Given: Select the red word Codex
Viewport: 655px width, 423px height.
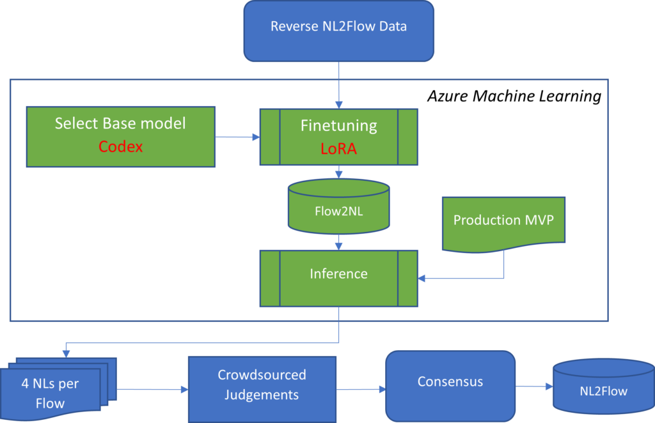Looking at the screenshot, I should (x=120, y=147).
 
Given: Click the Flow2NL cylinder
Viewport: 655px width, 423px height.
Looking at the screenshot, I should (x=338, y=208).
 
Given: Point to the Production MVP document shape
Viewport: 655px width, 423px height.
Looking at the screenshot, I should (x=503, y=220).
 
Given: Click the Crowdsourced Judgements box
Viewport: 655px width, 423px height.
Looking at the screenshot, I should (x=262, y=385).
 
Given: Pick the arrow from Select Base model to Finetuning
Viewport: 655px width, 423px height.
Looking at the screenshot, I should (x=237, y=137).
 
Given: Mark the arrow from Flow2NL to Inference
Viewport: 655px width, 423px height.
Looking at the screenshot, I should (x=338, y=242).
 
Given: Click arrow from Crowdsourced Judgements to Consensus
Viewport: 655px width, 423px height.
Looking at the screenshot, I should (x=360, y=388).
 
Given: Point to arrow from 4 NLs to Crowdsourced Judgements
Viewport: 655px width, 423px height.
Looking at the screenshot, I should (x=152, y=388).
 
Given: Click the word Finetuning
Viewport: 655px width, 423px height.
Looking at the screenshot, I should (x=338, y=125).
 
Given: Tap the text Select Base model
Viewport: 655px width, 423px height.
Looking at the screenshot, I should (x=120, y=123).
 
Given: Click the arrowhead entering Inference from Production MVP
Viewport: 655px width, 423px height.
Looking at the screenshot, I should (x=423, y=278).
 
